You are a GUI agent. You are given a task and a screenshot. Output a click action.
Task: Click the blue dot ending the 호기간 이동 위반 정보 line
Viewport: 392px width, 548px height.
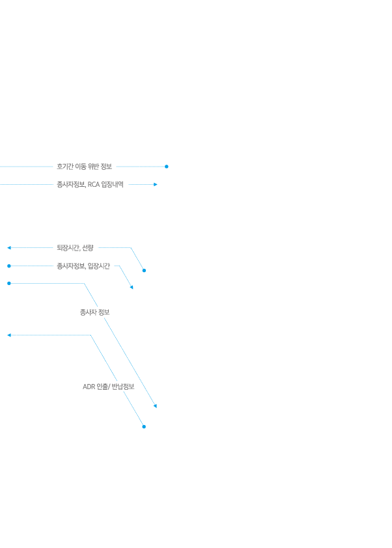[167, 167]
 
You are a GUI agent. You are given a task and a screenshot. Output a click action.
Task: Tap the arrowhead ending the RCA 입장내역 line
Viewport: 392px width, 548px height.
[156, 184]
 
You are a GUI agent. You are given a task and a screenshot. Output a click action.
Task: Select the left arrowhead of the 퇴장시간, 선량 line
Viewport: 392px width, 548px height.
[9, 248]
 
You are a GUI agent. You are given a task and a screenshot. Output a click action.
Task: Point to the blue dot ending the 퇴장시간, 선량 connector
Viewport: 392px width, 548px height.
[144, 271]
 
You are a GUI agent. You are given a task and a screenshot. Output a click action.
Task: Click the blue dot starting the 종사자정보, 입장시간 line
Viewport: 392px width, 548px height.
[9, 266]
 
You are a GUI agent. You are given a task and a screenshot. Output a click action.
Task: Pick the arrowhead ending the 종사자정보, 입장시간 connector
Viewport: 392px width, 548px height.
[132, 287]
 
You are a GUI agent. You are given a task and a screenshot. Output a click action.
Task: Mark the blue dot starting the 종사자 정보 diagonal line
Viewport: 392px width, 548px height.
[9, 283]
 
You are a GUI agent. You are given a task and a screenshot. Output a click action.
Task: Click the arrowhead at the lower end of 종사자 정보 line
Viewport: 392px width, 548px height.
[155, 405]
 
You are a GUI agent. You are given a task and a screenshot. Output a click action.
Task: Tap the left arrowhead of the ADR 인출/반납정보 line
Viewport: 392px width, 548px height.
[9, 335]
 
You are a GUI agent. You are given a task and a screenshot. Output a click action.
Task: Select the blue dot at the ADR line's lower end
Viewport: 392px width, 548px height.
[144, 427]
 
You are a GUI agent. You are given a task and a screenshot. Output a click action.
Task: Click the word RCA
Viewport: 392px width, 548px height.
[93, 185]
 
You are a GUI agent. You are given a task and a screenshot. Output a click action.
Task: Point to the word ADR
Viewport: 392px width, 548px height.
[89, 387]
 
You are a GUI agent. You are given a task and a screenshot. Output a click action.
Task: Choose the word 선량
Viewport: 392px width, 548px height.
[88, 248]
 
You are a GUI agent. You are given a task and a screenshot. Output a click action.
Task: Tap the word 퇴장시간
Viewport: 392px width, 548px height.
[68, 248]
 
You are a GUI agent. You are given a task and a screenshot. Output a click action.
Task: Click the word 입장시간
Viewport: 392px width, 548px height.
[98, 266]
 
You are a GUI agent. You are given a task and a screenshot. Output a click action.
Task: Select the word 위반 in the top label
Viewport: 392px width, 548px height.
[93, 167]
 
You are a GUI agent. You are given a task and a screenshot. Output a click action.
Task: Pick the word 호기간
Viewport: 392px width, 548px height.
[65, 167]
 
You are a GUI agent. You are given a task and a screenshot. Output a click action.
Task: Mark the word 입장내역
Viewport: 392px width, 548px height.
[112, 185]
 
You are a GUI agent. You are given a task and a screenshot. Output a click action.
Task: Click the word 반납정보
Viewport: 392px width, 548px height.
[122, 387]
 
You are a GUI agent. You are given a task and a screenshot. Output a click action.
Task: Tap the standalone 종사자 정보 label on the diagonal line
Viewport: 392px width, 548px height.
[95, 312]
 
